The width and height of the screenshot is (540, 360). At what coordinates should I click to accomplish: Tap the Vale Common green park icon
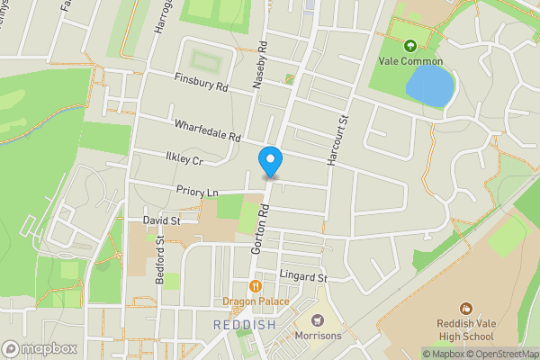coord(410,45)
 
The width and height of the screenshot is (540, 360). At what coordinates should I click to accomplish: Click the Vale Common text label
coord(410,61)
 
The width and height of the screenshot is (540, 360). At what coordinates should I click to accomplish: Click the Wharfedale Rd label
coord(208,132)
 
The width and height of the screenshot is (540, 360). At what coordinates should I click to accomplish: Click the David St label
coord(162,220)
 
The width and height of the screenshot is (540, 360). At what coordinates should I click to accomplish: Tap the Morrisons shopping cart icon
coord(317,319)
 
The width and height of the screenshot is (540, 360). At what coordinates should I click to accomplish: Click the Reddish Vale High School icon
coord(465,309)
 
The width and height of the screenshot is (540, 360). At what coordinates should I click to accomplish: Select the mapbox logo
coord(38,348)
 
